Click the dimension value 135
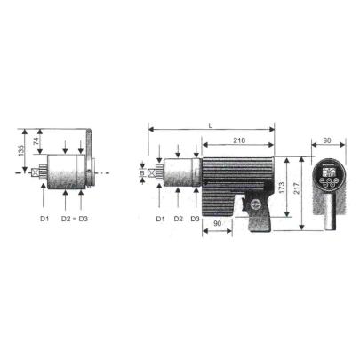(x=19, y=150)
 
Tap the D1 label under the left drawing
(x=44, y=218)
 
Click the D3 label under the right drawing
(x=195, y=218)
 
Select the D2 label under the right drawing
(x=178, y=218)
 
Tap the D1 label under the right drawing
(x=160, y=218)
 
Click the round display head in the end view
(x=328, y=175)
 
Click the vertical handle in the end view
(x=328, y=215)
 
